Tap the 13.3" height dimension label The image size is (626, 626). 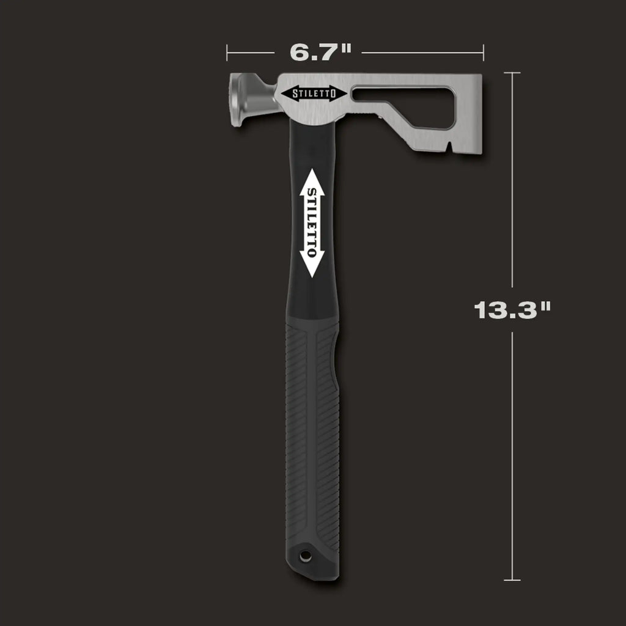pos(512,310)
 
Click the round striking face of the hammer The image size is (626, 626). pos(235,100)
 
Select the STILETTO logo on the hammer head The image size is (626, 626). pos(314,94)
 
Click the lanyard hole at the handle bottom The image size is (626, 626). pos(304,555)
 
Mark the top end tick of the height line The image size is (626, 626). pos(512,73)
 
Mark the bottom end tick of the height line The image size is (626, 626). pos(512,580)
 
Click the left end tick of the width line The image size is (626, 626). pos(227,53)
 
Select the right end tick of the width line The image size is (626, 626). pos(483,53)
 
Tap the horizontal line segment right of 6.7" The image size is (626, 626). pos(422,53)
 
